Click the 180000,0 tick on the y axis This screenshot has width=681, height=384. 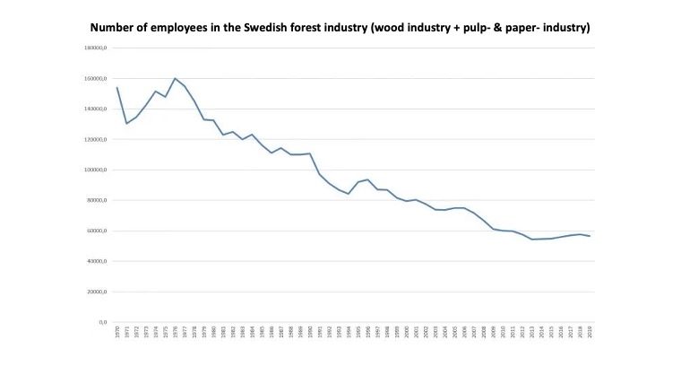(97, 48)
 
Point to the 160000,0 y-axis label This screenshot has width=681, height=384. (97, 78)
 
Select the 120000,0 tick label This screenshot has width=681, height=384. (97, 139)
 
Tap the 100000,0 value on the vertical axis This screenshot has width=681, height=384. (97, 170)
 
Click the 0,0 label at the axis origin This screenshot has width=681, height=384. (102, 322)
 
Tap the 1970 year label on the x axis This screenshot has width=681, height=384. (117, 332)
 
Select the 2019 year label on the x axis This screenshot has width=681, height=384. (590, 332)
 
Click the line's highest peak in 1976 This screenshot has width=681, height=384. (175, 78)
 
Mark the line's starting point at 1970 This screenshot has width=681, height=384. (117, 87)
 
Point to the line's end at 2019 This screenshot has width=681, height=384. (590, 236)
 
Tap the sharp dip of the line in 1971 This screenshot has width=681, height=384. (126, 123)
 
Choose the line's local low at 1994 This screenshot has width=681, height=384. (349, 194)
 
